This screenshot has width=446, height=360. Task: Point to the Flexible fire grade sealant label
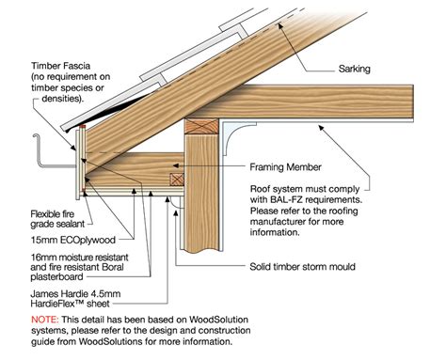29,216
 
